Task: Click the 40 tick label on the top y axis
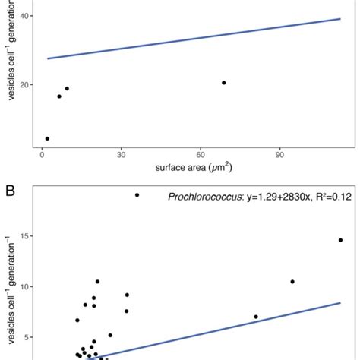click(x=27, y=16)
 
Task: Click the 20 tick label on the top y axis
click(x=27, y=84)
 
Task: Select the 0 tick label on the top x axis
click(x=42, y=153)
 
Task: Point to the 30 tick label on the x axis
click(x=120, y=153)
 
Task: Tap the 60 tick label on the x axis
click(x=201, y=153)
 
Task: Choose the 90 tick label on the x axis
click(x=279, y=153)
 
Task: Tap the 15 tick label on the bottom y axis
click(x=27, y=236)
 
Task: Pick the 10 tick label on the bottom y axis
click(x=27, y=286)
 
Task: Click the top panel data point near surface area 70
click(x=223, y=82)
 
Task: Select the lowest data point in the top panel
click(x=47, y=138)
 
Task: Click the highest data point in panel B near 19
click(x=137, y=195)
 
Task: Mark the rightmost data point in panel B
click(x=340, y=240)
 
